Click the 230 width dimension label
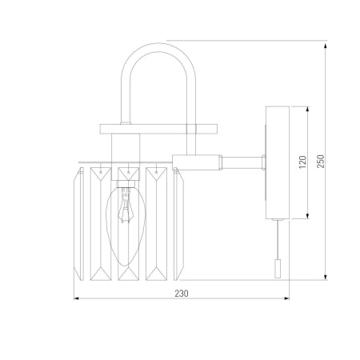coord(182,294)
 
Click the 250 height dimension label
coord(321,162)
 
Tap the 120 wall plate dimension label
coord(302,162)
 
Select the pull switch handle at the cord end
coord(278,269)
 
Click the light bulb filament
coord(126,206)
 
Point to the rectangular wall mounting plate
coord(278,162)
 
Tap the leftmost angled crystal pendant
coord(78,223)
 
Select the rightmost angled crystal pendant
coord(178,223)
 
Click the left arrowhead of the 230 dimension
coord(76,298)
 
